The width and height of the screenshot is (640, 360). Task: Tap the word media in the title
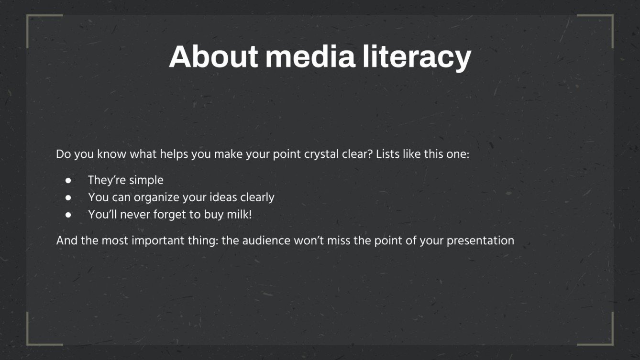click(x=310, y=57)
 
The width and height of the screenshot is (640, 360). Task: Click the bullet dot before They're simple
click(x=68, y=181)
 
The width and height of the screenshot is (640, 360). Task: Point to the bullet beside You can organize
click(x=68, y=197)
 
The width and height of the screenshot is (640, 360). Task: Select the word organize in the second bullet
click(x=156, y=197)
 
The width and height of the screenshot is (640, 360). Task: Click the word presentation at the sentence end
click(x=480, y=240)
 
